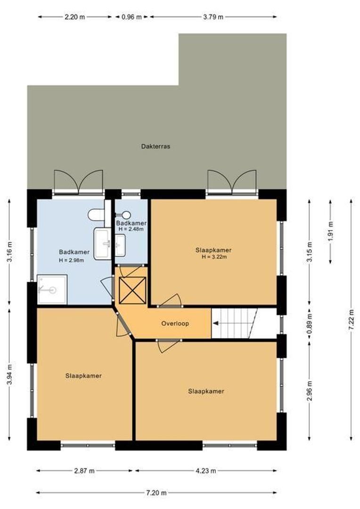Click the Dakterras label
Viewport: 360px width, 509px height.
(x=155, y=147)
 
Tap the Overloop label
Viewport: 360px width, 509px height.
(x=175, y=324)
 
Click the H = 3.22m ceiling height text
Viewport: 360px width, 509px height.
(x=214, y=257)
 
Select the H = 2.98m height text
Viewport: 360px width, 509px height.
(x=71, y=260)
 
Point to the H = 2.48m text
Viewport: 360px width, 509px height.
(x=131, y=230)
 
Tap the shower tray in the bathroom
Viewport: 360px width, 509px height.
(x=52, y=289)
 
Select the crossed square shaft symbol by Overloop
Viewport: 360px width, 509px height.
(x=133, y=291)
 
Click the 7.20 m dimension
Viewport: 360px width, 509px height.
(x=156, y=493)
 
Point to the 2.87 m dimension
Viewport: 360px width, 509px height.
(x=84, y=470)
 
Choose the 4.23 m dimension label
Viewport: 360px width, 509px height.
(x=205, y=470)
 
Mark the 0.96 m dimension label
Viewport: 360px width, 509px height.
(x=131, y=16)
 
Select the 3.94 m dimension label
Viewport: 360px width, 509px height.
(x=10, y=375)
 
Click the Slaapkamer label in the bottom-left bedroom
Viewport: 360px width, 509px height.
(x=84, y=376)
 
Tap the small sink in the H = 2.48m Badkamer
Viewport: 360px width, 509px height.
(x=120, y=245)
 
